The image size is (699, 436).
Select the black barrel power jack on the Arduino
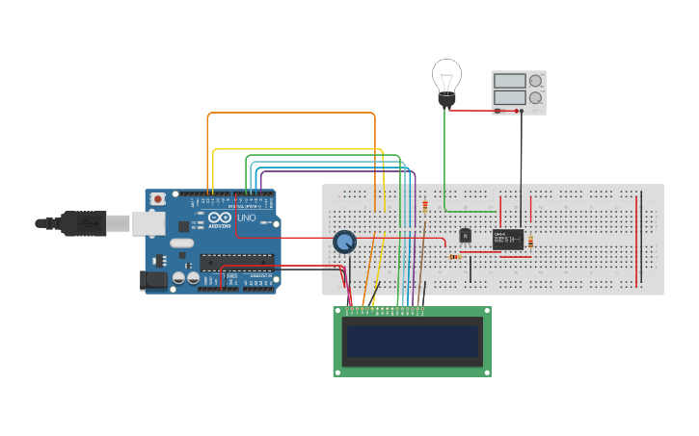(x=153, y=280)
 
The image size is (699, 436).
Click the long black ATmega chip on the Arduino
(x=236, y=261)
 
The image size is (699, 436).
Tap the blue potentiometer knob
(x=343, y=242)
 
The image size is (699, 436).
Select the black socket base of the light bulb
(x=446, y=98)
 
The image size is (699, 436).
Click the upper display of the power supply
(x=509, y=82)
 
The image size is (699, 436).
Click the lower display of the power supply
(x=509, y=98)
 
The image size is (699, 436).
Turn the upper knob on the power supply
(x=535, y=81)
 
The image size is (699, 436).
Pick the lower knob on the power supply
(x=535, y=98)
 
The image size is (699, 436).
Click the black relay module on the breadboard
(x=507, y=239)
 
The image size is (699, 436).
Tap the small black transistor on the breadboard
(x=465, y=235)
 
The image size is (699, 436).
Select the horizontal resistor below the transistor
(x=455, y=257)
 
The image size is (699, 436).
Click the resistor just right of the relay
(x=531, y=241)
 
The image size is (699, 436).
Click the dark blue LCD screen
(x=413, y=341)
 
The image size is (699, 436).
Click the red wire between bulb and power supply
(x=472, y=110)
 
